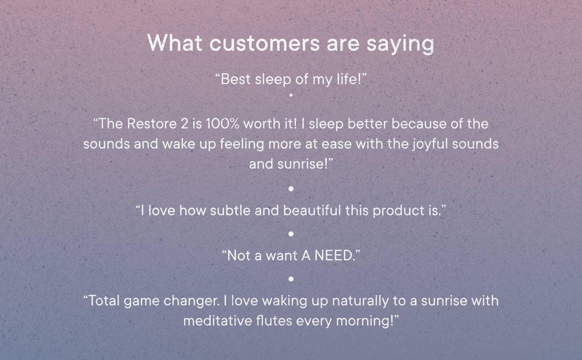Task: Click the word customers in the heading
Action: [264, 43]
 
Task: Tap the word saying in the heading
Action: [400, 45]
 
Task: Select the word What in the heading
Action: [175, 42]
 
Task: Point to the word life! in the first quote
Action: [349, 79]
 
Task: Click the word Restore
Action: [152, 124]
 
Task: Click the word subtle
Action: [230, 210]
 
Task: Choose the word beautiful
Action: [312, 210]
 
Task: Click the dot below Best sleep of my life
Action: [291, 95]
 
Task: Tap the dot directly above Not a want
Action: [291, 234]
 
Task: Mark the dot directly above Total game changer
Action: [291, 279]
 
